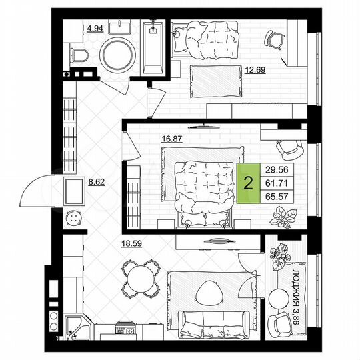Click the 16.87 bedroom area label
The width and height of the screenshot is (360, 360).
pyautogui.click(x=172, y=140)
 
